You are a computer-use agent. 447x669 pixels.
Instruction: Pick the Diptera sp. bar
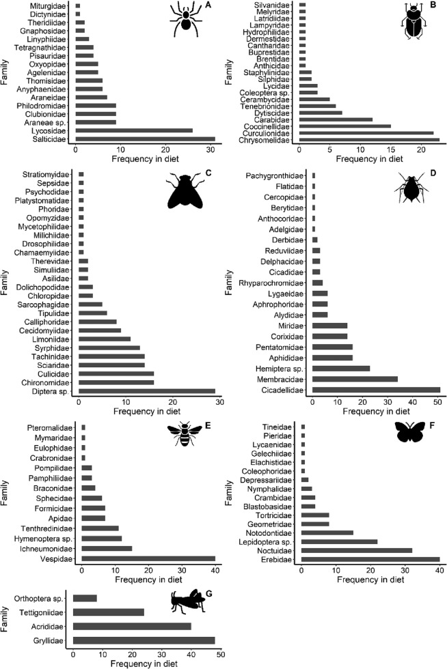point(147,390)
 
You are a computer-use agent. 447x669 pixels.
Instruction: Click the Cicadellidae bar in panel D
point(376,390)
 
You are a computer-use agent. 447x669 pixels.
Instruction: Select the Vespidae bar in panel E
point(148,558)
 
